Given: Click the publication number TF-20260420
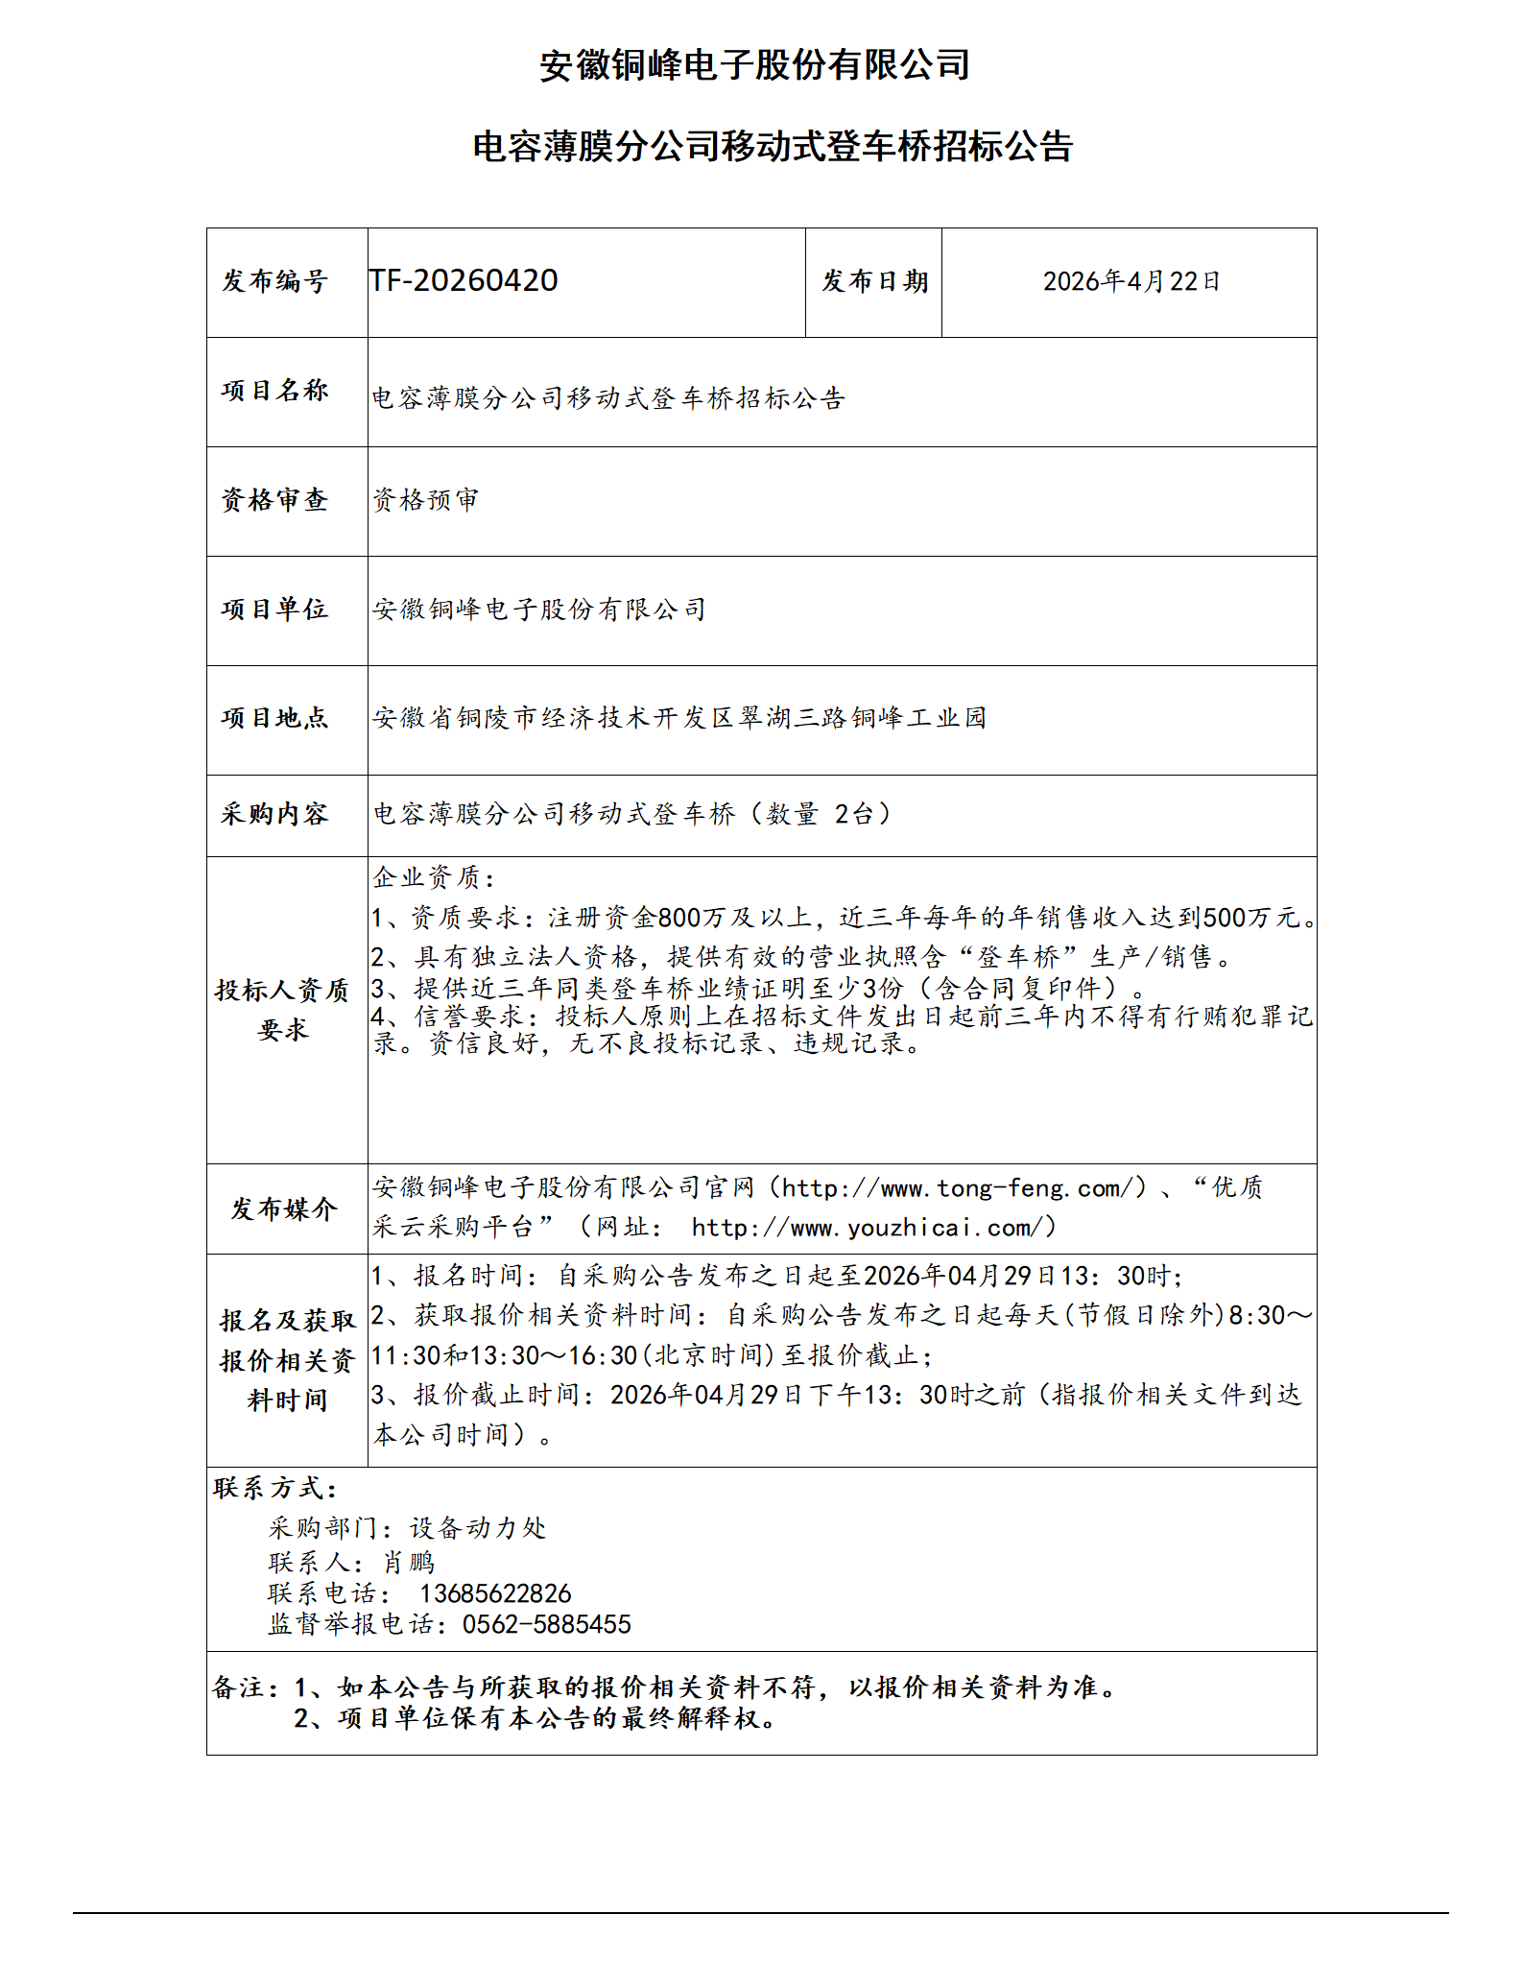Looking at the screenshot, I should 464,280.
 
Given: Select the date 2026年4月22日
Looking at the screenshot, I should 1130,281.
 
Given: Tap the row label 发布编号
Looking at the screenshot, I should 275,281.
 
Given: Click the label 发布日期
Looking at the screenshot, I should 874,281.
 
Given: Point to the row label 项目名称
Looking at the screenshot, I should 275,391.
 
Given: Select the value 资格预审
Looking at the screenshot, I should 425,500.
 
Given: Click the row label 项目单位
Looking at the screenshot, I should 275,610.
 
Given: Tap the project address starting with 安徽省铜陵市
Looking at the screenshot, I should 679,718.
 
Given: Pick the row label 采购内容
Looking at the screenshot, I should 275,814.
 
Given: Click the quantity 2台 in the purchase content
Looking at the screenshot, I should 853,814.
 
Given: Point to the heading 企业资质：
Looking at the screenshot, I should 435,877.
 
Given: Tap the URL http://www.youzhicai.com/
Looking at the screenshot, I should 872,1228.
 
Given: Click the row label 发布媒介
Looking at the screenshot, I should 284,1208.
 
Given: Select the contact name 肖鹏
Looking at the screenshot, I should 409,1563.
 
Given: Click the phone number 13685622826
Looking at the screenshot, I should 495,1594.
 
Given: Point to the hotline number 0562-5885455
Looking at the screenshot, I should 547,1625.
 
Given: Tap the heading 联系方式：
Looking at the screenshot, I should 275,1489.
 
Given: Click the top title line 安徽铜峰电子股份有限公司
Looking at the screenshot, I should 754,65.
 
